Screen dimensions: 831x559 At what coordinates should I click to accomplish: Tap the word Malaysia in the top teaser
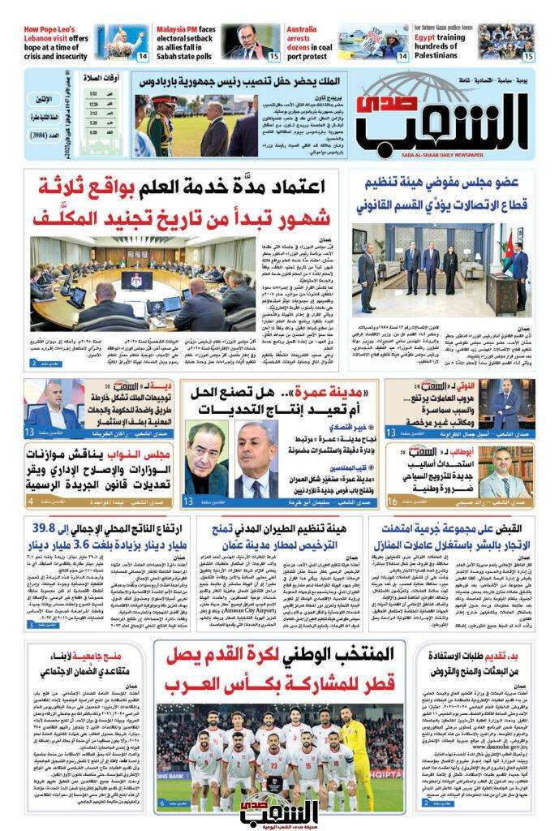(x=175, y=28)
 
